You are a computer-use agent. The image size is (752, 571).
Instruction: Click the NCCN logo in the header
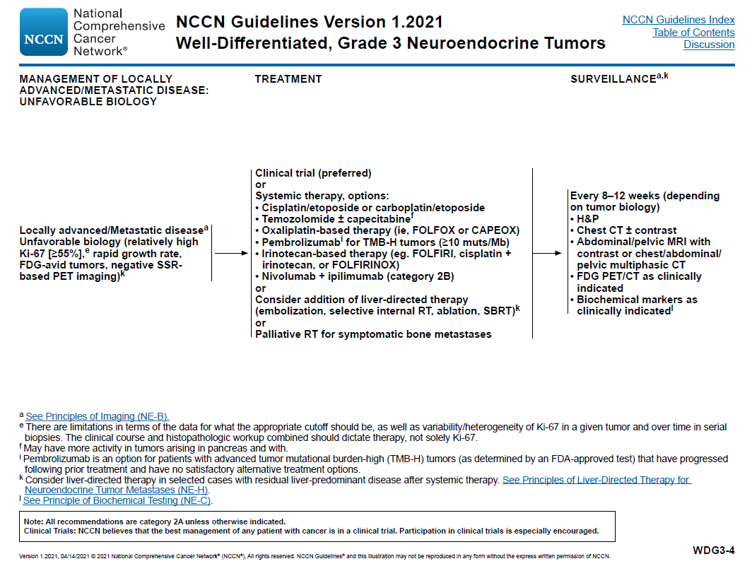[x=45, y=32]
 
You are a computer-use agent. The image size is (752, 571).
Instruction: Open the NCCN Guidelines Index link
[x=678, y=20]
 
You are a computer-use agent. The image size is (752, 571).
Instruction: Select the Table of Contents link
[x=693, y=33]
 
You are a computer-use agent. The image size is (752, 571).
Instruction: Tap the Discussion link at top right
[x=709, y=45]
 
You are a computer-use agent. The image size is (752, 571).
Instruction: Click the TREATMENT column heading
[x=288, y=79]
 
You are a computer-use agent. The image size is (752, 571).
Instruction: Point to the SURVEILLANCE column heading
[x=613, y=79]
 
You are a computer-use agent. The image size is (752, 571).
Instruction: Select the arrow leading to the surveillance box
[x=548, y=253]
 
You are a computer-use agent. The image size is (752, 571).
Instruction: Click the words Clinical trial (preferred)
[x=313, y=173]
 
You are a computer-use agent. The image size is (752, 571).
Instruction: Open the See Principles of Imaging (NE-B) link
[x=97, y=416]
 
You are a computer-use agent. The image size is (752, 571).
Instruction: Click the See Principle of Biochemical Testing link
[x=117, y=500]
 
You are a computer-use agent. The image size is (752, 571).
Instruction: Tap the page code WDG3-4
[x=713, y=550]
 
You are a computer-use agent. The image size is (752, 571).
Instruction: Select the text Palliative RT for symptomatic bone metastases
[x=373, y=334]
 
